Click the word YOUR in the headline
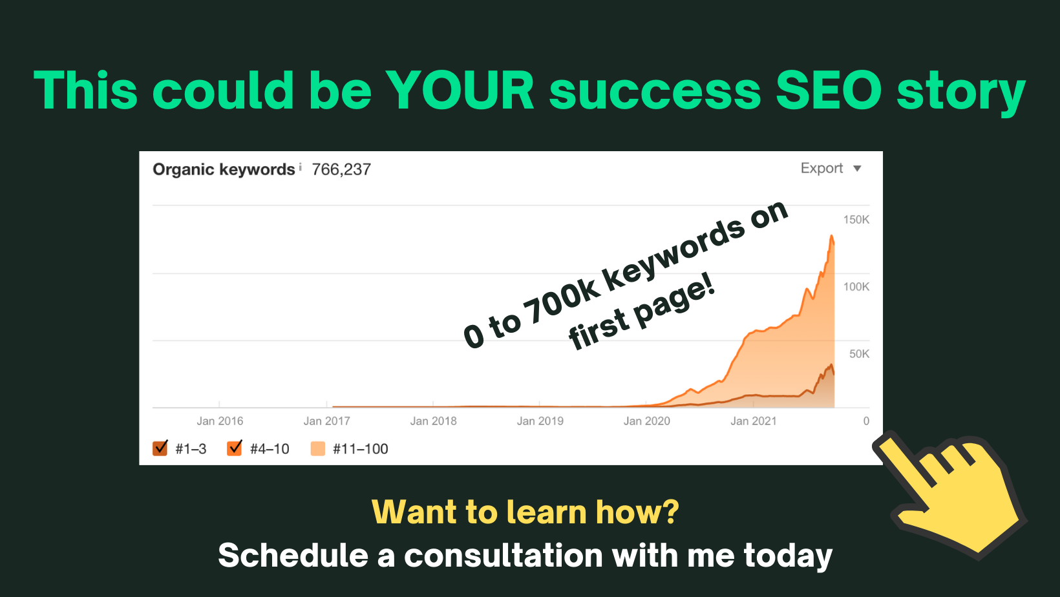[460, 90]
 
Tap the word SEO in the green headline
[829, 90]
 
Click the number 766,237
[341, 169]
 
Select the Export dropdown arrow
[857, 169]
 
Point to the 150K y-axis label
[856, 220]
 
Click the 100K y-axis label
[856, 287]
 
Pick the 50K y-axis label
[860, 354]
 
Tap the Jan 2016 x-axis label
[220, 421]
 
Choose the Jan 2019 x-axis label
[540, 421]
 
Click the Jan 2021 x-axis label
[754, 421]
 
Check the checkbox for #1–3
[160, 448]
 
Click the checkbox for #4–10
[234, 448]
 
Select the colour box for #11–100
[317, 448]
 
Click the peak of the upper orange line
[831, 236]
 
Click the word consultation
[503, 556]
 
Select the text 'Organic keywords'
[224, 169]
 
